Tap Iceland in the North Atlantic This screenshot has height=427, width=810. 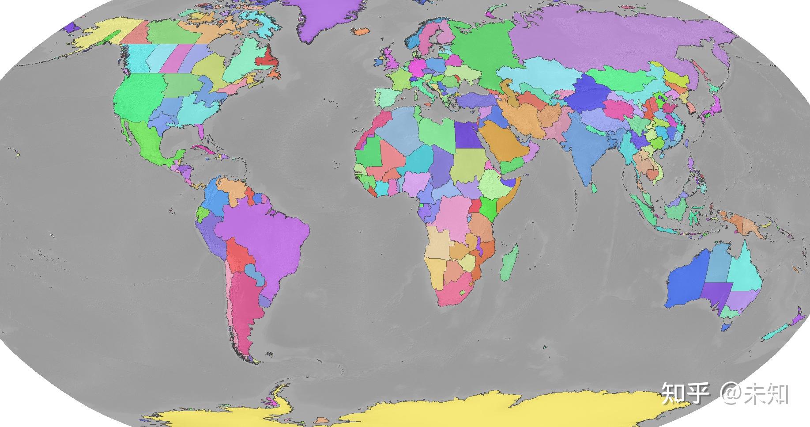tap(362, 31)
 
